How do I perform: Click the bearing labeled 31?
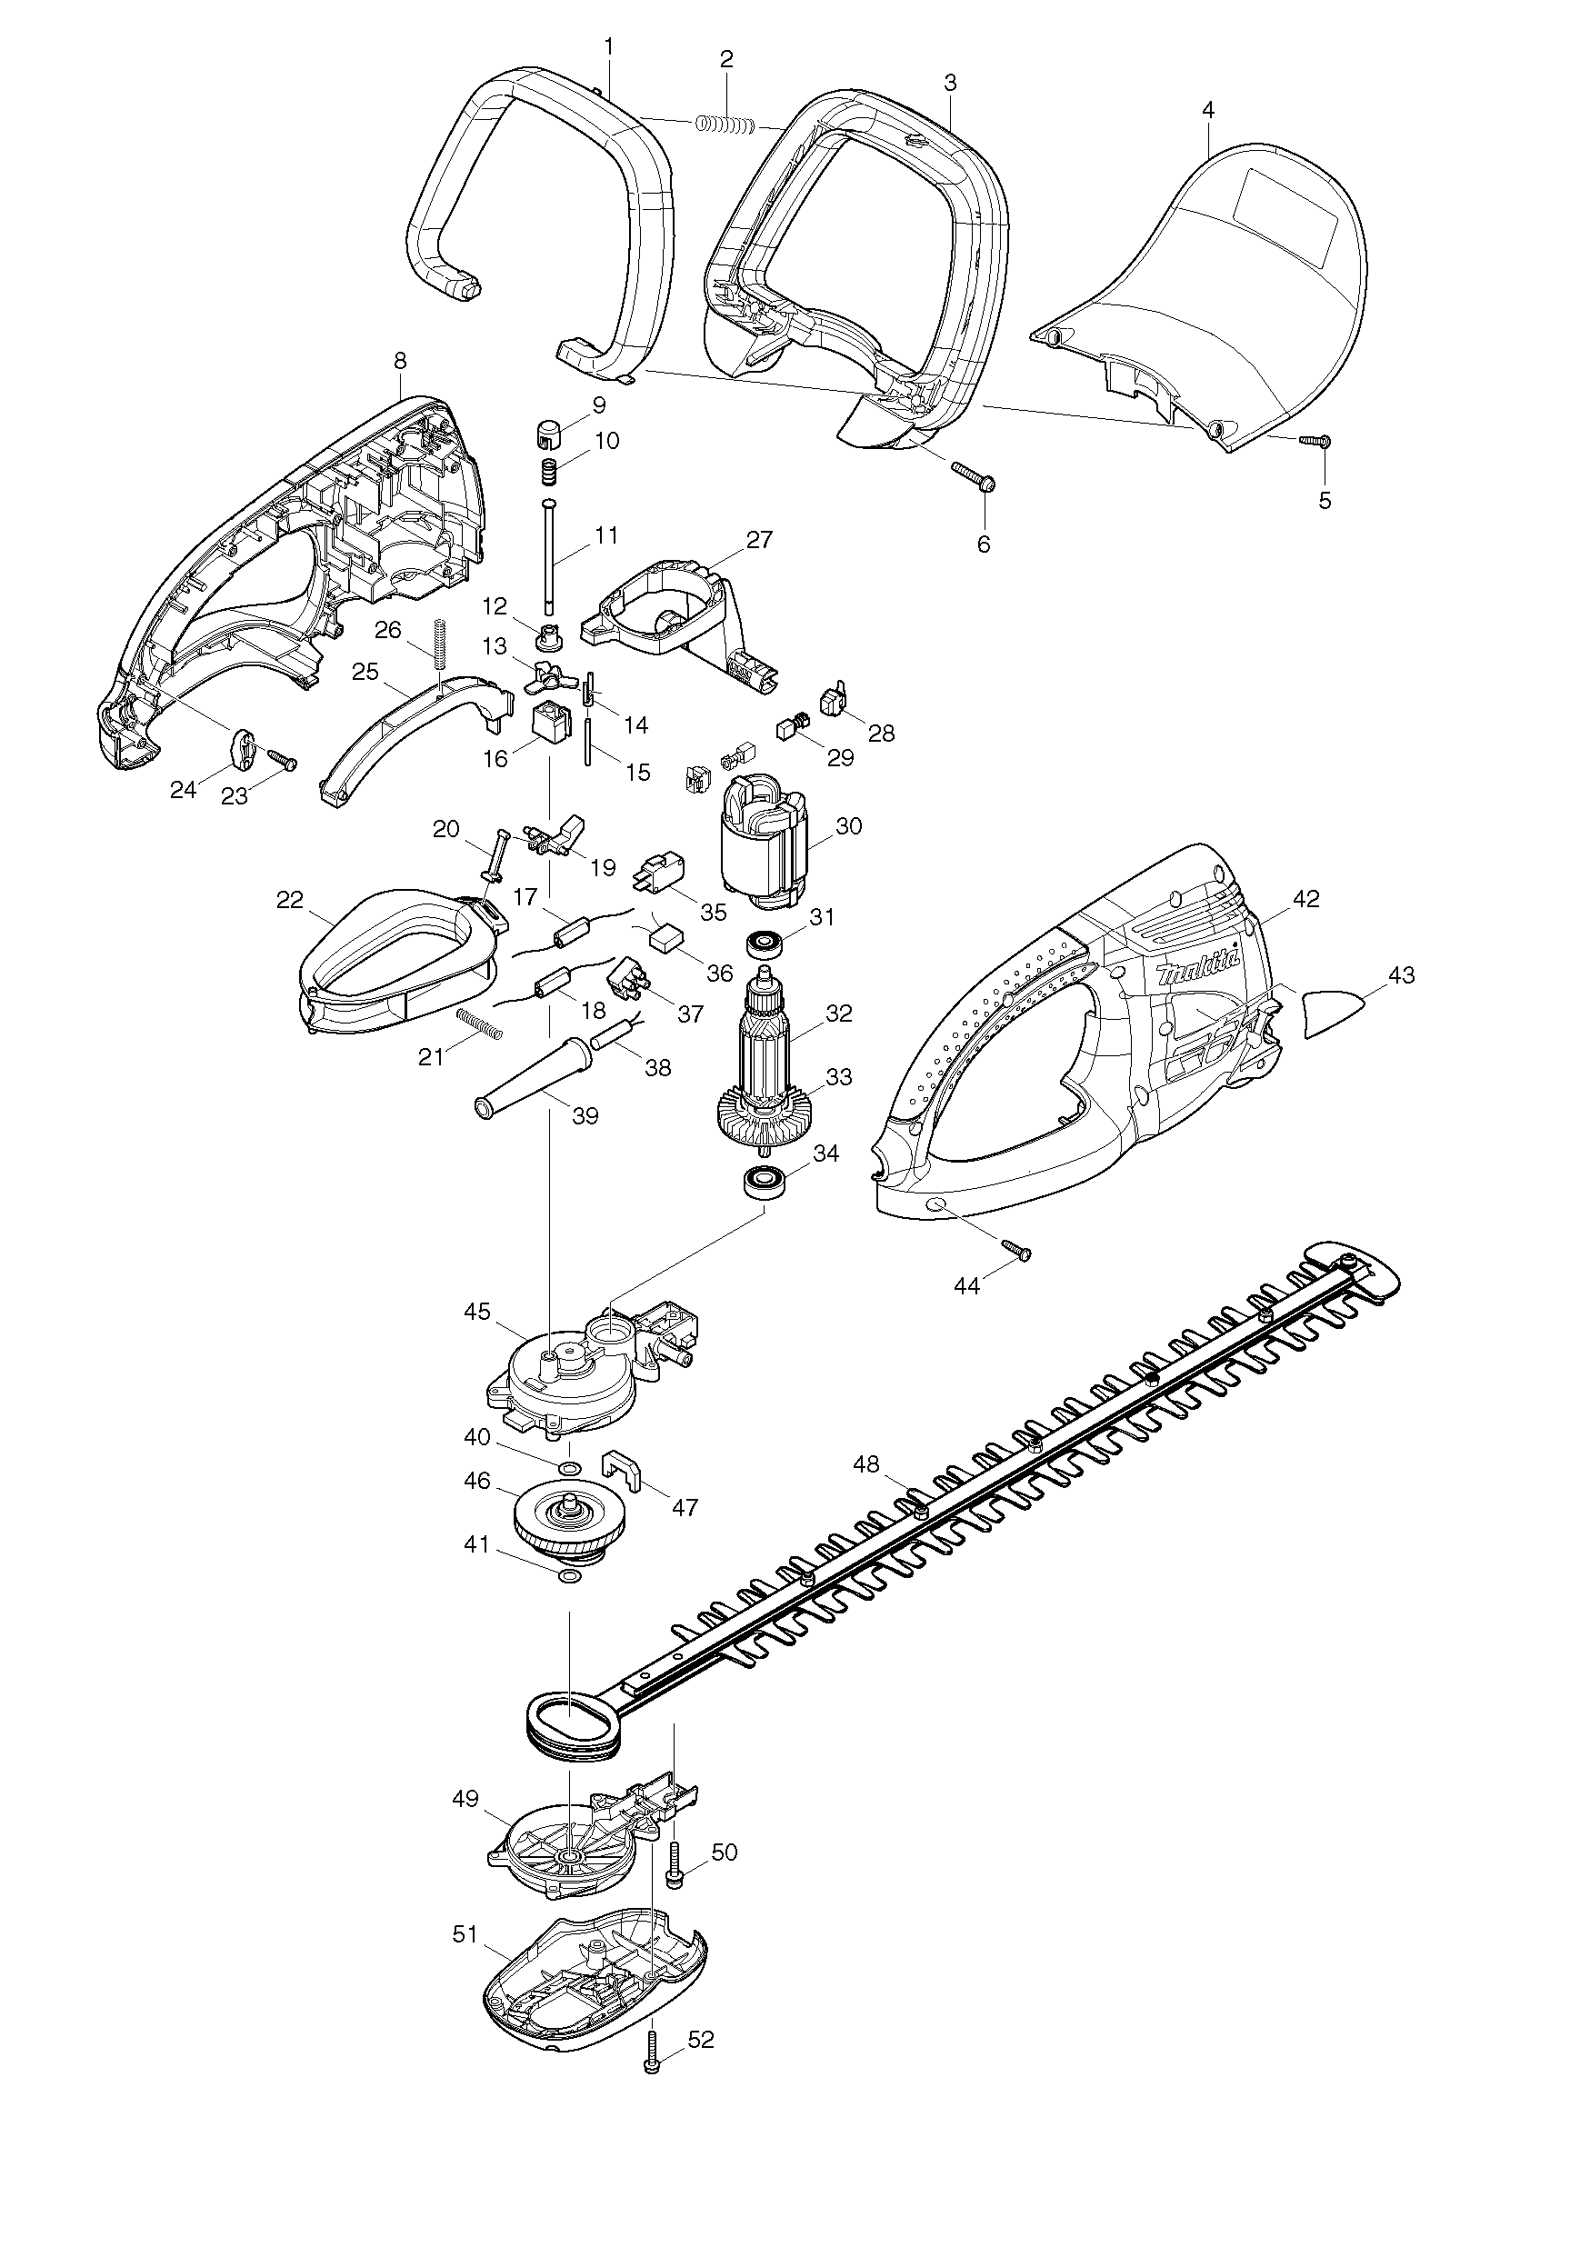coord(766,944)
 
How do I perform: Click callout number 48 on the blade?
coord(865,1464)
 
